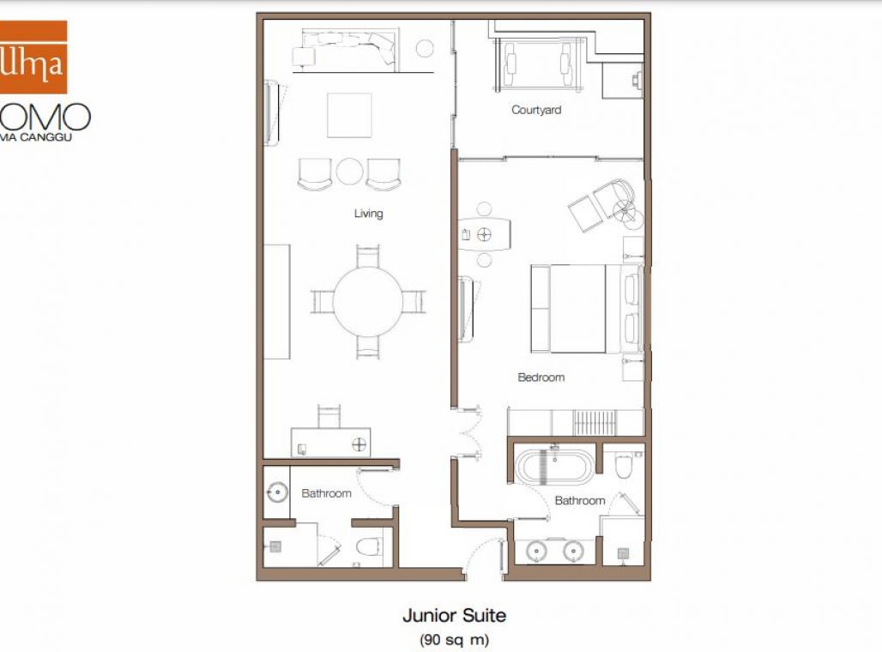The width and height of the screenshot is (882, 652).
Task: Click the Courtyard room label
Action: (x=536, y=110)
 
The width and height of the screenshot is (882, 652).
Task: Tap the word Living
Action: (x=368, y=213)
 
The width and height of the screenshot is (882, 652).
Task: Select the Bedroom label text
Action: (x=541, y=377)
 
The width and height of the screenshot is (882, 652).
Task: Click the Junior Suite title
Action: (x=454, y=615)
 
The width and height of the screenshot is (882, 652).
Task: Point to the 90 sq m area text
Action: (x=454, y=639)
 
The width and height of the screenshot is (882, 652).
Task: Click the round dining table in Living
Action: (x=367, y=302)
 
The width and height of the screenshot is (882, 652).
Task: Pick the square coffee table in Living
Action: (x=349, y=115)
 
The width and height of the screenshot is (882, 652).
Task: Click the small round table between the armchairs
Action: (x=349, y=172)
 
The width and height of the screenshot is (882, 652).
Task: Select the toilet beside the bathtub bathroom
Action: (x=624, y=464)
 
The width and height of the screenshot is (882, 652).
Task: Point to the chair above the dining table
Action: (x=367, y=256)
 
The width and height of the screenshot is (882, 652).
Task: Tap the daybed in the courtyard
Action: (x=537, y=64)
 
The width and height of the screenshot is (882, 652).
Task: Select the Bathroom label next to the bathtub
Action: (x=579, y=500)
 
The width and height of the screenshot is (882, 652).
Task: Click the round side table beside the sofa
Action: (x=425, y=48)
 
